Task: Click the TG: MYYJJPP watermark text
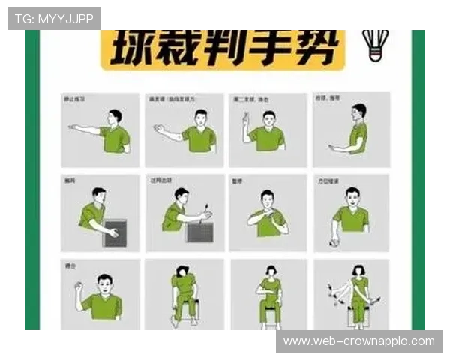click(54, 18)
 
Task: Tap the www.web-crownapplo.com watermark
click(359, 341)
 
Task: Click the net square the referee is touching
click(115, 232)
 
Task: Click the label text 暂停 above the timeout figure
click(238, 181)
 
